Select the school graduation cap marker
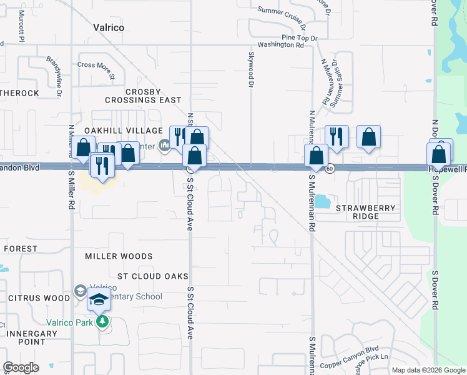[99, 301]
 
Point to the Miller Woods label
[119, 256]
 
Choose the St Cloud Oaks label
[153, 276]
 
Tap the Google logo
[21, 367]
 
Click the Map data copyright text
[428, 370]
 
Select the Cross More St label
[96, 65]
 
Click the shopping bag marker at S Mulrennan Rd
[317, 156]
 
